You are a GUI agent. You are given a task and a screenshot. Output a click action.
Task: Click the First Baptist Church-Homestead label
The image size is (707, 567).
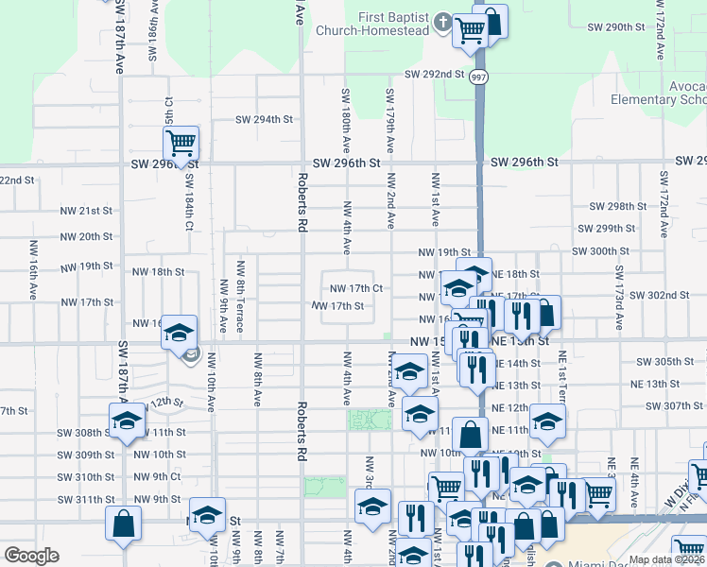coord(393,23)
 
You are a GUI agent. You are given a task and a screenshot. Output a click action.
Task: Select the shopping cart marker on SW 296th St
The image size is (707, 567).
coord(180,145)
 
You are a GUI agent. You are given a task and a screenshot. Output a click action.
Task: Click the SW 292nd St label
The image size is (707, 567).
coord(435,74)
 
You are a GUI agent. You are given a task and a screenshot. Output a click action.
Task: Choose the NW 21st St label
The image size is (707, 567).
coord(86,211)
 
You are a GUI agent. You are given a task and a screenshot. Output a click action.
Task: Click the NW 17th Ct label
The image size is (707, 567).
coord(355,288)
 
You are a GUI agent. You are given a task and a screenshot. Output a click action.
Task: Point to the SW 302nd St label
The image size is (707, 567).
coord(656,295)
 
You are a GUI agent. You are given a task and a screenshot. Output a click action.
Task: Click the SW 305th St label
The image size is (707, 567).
coord(665,362)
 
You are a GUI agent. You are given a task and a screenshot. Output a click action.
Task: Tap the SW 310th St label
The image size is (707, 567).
coord(85,477)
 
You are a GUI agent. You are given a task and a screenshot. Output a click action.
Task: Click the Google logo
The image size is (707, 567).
coord(32,556)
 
